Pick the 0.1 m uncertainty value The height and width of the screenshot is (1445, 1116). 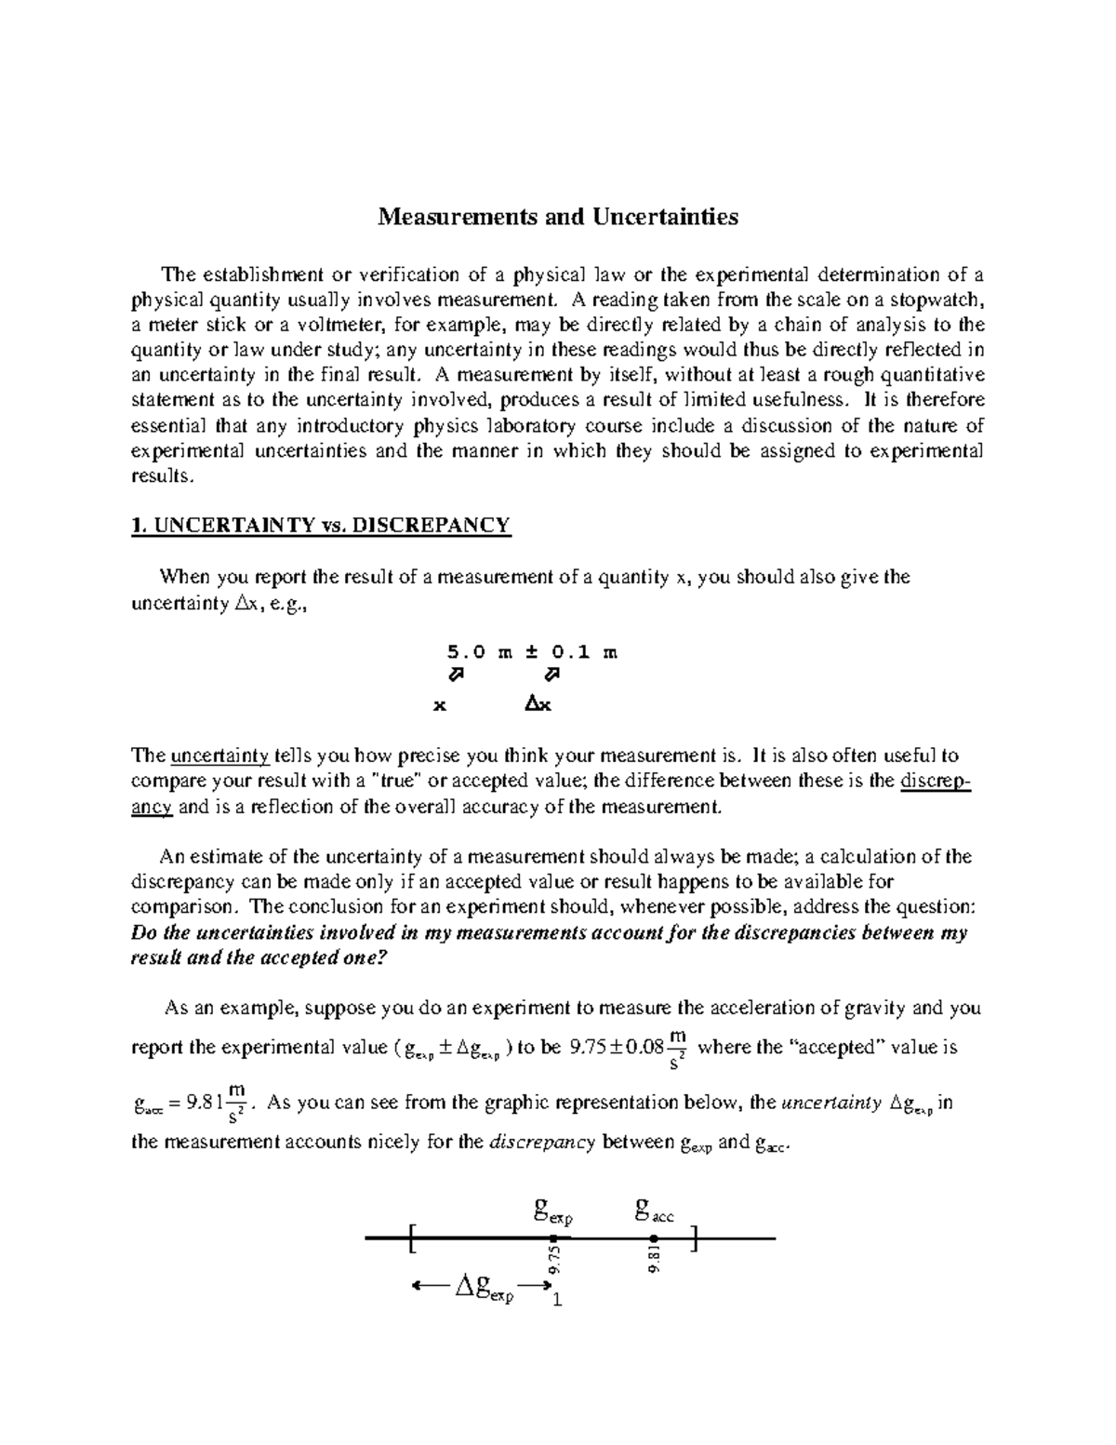click(x=583, y=652)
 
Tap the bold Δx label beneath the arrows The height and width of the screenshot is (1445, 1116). click(x=538, y=704)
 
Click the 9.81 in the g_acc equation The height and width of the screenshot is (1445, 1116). click(x=204, y=1104)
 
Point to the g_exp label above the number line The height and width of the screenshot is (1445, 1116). click(x=552, y=1211)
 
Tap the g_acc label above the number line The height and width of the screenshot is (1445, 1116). click(x=654, y=1211)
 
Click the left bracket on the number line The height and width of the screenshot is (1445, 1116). click(x=411, y=1238)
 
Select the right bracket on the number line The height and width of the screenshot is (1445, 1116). click(x=696, y=1238)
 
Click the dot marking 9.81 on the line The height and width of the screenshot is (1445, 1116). click(x=654, y=1238)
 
